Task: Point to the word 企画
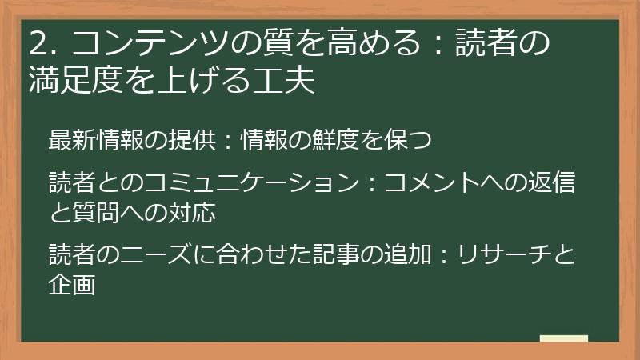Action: point(73,283)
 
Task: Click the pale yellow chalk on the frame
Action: point(563,338)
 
